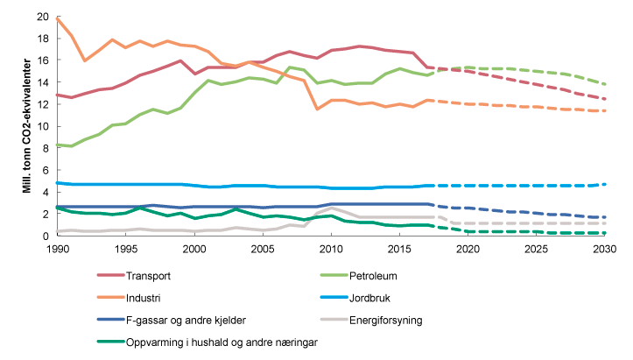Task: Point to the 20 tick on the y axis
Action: pyautogui.click(x=41, y=18)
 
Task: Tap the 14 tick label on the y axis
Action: pyautogui.click(x=41, y=83)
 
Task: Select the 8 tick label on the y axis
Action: pyautogui.click(x=44, y=149)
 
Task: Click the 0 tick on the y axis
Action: pyautogui.click(x=44, y=236)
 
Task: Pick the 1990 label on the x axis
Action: pyautogui.click(x=57, y=250)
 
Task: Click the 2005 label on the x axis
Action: pyautogui.click(x=261, y=250)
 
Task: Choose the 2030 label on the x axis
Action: pyautogui.click(x=603, y=250)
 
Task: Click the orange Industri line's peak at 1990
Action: pyautogui.click(x=57, y=18)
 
